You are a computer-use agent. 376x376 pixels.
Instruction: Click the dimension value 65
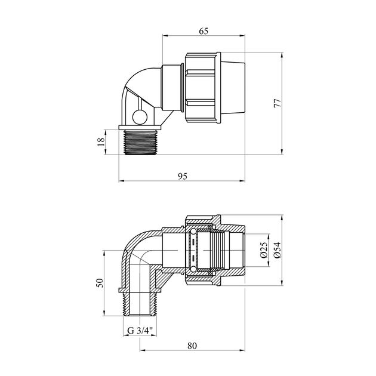[x=204, y=31]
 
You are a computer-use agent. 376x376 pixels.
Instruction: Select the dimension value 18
[x=101, y=141]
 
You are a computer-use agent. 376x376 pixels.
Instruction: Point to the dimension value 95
[x=182, y=176]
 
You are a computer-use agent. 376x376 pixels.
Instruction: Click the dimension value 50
[x=100, y=283]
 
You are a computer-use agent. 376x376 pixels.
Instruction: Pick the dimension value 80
[x=192, y=346]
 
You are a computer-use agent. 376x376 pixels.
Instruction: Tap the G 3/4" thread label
[x=140, y=331]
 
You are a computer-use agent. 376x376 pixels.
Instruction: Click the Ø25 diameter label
[x=264, y=250]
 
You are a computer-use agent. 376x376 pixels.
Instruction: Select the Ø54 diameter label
[x=277, y=250]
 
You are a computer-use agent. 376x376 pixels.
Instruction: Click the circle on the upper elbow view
[x=140, y=117]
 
